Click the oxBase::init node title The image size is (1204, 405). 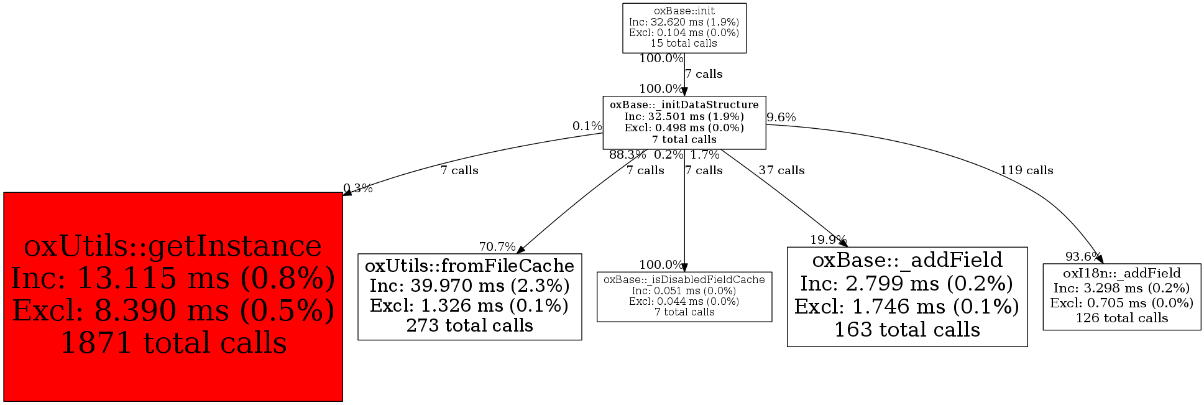click(684, 11)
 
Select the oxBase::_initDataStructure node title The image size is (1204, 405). click(684, 105)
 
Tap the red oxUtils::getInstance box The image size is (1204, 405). click(173, 296)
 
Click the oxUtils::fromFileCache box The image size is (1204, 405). click(469, 296)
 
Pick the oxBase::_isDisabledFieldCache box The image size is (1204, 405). click(684, 296)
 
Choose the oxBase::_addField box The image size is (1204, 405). click(907, 296)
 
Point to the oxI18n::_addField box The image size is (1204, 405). click(1121, 296)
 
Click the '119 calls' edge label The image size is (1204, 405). click(1026, 170)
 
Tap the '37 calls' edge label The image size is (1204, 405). click(781, 170)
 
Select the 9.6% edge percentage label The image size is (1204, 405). click(781, 118)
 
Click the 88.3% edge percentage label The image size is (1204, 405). click(627, 155)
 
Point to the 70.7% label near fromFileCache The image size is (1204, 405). click(497, 247)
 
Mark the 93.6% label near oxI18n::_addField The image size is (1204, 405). click(1083, 256)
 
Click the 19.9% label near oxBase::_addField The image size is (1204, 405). click(828, 240)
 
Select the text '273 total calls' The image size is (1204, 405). click(469, 325)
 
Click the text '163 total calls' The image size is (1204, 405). click(907, 330)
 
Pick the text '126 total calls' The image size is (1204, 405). click(1121, 318)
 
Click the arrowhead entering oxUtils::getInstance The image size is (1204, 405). click(347, 192)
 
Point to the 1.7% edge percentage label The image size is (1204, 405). click(705, 155)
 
